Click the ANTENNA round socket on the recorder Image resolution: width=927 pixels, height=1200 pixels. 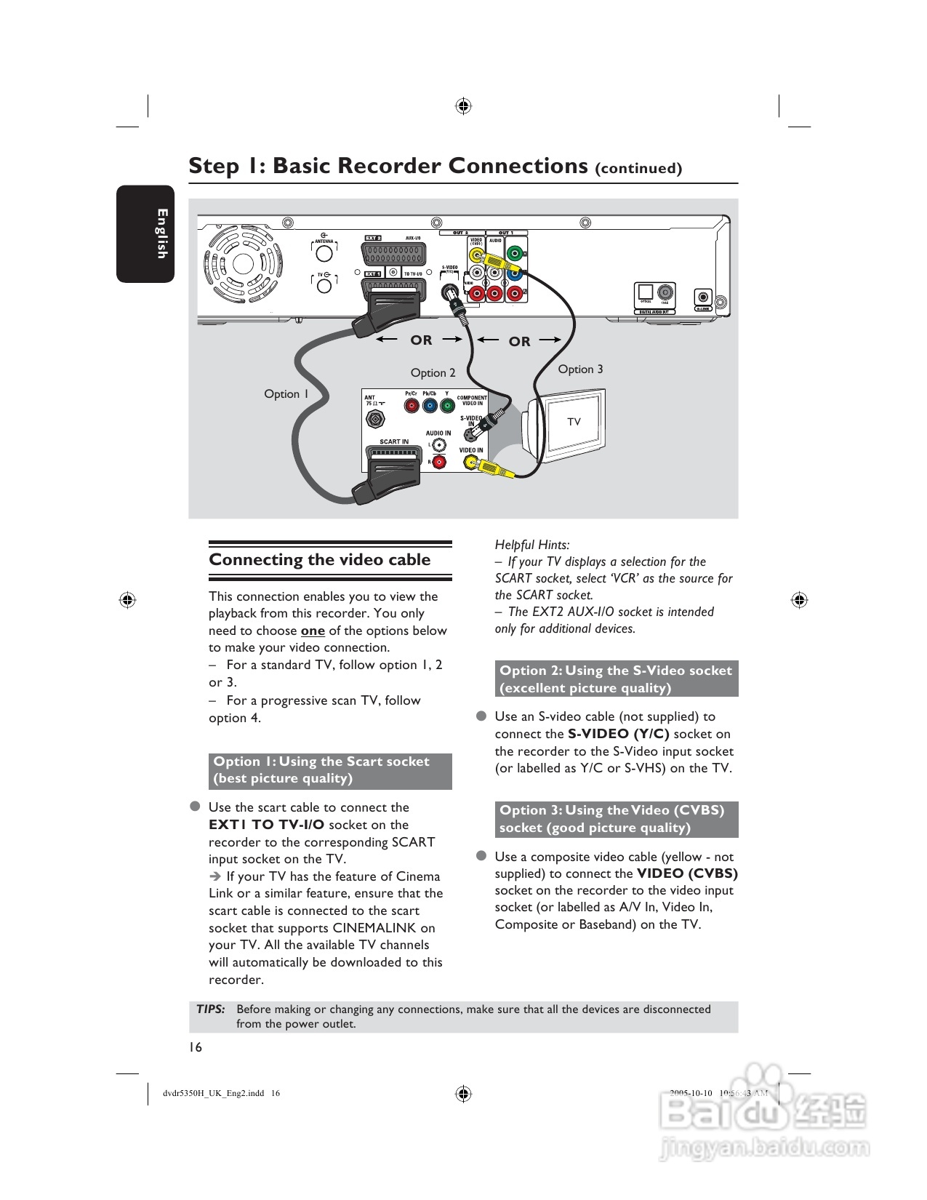pos(324,253)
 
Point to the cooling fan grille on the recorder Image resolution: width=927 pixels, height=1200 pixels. pos(244,266)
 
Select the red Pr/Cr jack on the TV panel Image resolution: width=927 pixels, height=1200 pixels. pos(412,407)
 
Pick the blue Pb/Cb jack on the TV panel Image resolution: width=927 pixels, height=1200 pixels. pos(430,407)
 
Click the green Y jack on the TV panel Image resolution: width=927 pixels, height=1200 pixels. pos(447,407)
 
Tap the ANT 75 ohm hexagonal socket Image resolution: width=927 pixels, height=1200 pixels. pos(375,419)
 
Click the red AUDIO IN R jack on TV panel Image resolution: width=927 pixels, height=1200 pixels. pos(439,462)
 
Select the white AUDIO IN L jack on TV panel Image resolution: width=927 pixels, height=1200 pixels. pos(439,445)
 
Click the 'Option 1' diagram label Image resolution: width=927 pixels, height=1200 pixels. pos(286,394)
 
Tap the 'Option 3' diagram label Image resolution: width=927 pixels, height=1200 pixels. pos(580,369)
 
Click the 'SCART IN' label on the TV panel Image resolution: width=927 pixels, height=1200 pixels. pos(394,441)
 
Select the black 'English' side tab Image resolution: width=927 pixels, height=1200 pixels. pos(146,233)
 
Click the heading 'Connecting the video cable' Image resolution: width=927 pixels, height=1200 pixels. pos(320,560)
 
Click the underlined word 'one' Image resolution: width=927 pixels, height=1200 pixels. pos(313,631)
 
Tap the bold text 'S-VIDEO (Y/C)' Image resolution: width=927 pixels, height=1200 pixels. pos(618,734)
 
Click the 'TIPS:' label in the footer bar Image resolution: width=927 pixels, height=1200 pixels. pos(211,1009)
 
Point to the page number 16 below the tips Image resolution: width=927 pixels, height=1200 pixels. pos(196,1047)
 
